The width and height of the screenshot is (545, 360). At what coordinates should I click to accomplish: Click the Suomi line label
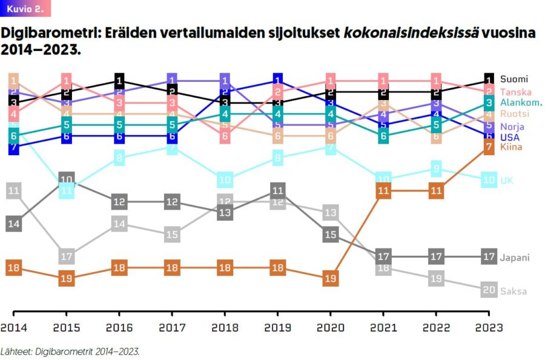(514, 79)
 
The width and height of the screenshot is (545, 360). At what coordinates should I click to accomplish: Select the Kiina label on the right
(511, 147)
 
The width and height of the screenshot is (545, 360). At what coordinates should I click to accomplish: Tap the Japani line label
(514, 258)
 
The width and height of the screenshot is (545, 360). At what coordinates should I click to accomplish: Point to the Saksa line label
(514, 291)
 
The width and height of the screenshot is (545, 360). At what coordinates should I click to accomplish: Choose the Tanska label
(516, 92)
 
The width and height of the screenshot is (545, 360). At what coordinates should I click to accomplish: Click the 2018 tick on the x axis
(225, 328)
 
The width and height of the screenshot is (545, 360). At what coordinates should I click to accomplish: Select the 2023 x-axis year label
(489, 328)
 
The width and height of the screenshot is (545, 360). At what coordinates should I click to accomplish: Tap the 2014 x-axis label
(14, 328)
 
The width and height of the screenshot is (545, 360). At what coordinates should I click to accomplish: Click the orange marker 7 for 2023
(489, 147)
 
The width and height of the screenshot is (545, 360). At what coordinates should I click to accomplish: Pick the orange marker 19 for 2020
(331, 279)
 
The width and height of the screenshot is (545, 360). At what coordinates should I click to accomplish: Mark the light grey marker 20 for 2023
(489, 290)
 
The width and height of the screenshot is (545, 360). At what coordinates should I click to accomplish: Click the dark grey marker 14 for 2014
(14, 224)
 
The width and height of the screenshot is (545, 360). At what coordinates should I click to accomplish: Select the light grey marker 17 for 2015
(67, 256)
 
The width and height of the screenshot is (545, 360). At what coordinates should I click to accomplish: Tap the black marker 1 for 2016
(119, 81)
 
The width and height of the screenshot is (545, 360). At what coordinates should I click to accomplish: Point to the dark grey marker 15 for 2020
(331, 235)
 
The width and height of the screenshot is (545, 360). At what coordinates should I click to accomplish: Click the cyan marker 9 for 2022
(436, 168)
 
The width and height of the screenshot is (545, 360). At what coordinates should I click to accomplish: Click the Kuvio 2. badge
(25, 8)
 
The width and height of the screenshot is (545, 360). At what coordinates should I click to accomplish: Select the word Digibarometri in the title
(47, 33)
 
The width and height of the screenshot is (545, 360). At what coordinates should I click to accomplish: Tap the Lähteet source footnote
(70, 350)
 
